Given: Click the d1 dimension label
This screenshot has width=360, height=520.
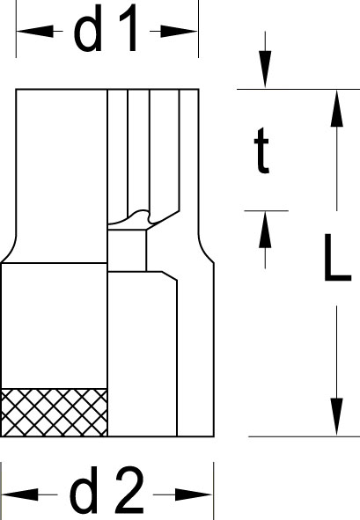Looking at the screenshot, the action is [106, 28].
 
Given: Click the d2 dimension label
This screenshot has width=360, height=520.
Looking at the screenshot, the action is [107, 489].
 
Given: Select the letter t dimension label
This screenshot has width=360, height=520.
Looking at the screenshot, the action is [261, 150].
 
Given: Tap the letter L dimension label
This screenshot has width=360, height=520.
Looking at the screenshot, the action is [337, 257].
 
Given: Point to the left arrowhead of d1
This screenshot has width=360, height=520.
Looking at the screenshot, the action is [35, 31].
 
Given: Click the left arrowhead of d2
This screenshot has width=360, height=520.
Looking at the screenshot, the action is [20, 494].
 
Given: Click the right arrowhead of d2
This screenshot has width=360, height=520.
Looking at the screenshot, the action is [194, 494].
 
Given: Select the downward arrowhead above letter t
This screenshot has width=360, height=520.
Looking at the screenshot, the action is [265, 69].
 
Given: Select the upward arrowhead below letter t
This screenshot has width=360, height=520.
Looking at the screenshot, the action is [265, 230].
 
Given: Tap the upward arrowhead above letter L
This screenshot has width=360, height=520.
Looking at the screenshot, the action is [337, 108].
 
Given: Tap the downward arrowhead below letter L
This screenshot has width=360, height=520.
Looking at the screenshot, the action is [337, 417].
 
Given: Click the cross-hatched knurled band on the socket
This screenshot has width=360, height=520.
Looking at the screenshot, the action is [54, 413].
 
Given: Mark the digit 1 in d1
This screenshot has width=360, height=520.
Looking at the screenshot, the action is [129, 28].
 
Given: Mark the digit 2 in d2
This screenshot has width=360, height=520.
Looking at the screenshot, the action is [129, 489].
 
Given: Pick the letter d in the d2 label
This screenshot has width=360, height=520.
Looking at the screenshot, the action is [84, 489].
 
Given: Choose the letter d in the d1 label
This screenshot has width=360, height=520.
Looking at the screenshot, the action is [88, 28].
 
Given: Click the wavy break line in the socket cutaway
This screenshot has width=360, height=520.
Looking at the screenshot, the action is [143, 217].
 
